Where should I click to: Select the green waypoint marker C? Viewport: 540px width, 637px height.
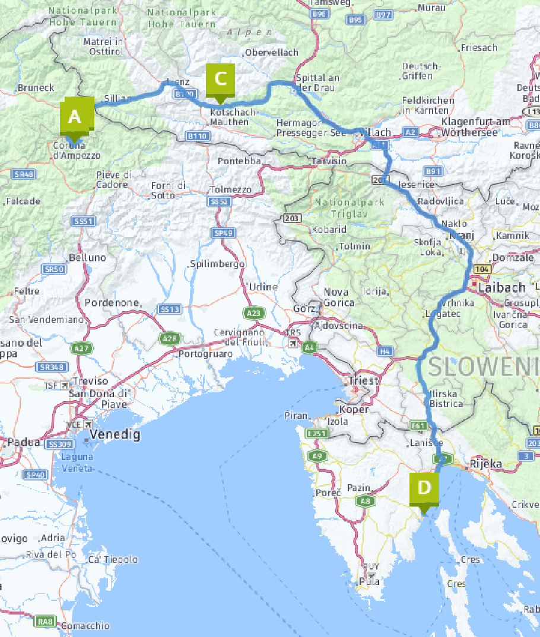[x=220, y=79]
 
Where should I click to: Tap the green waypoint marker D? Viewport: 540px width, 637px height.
[x=424, y=488]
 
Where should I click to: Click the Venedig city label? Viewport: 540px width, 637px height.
[x=115, y=435]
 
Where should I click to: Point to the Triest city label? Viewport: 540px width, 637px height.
[x=363, y=380]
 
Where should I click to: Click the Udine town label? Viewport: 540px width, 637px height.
[x=263, y=287]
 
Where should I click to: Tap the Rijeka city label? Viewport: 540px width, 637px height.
[x=485, y=463]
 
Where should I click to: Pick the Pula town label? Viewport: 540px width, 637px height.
[x=370, y=581]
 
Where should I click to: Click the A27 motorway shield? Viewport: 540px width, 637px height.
[x=81, y=348]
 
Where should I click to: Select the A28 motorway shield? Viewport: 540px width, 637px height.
[x=169, y=338]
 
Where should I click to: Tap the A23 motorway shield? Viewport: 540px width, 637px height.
[x=253, y=312]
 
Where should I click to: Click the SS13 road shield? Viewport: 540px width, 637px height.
[x=170, y=309]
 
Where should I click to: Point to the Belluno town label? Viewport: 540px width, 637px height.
[x=87, y=258]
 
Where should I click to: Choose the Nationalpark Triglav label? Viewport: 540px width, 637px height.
[x=350, y=208]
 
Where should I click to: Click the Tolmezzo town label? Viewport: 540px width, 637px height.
[x=230, y=190]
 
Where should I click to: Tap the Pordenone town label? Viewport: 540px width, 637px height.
[x=113, y=303]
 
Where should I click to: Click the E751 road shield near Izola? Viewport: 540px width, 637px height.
[x=317, y=434]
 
